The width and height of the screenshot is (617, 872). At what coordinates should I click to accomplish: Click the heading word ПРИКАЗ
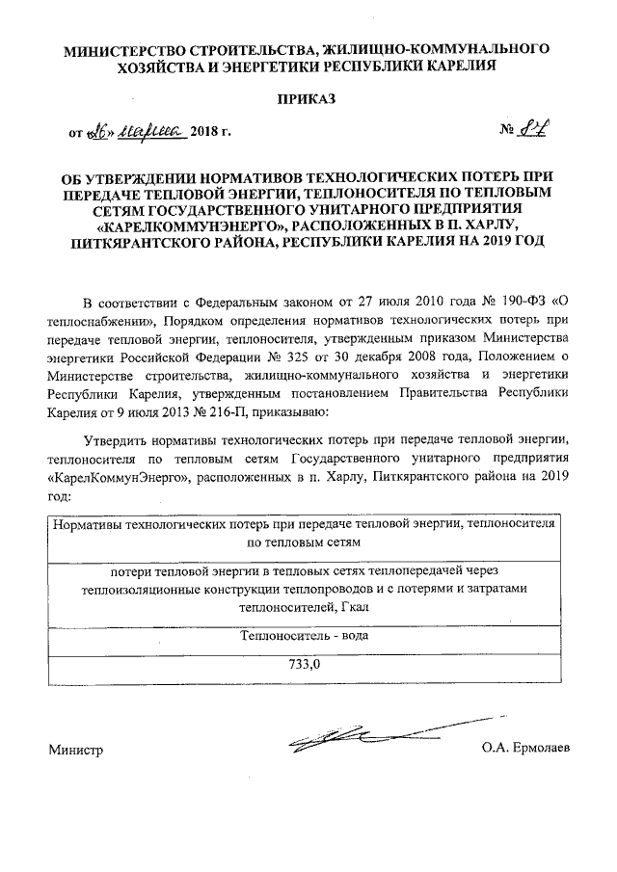point(308,99)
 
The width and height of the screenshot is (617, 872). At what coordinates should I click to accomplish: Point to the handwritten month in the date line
point(146,130)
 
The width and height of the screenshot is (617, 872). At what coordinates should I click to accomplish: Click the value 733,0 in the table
point(308,664)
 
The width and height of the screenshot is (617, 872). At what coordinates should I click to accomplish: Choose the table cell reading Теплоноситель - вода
point(308,637)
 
